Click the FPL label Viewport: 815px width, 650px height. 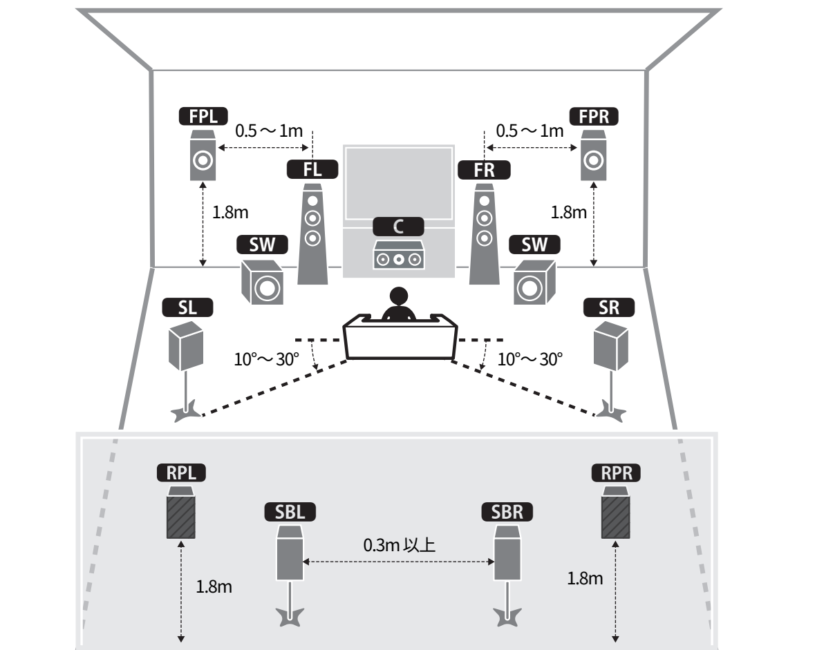[203, 116]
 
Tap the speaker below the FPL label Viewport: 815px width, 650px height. [202, 157]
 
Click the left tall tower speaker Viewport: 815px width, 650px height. [312, 235]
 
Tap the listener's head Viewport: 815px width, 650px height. [399, 298]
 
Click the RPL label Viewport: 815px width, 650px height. [181, 473]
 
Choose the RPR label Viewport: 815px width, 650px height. [616, 473]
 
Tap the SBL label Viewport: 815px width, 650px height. [290, 512]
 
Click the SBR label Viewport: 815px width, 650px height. [507, 512]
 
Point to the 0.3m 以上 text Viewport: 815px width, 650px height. [399, 546]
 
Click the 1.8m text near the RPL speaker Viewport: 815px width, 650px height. [214, 587]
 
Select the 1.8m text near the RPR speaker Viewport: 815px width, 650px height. [585, 578]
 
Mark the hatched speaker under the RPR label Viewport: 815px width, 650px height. [615, 513]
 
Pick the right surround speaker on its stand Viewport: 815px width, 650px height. [611, 345]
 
